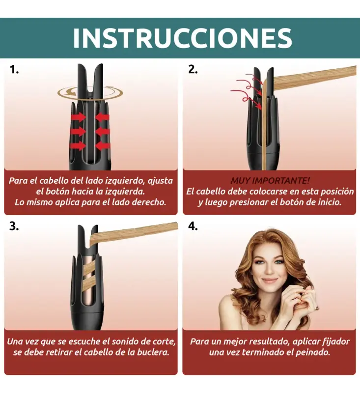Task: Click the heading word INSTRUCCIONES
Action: tap(182, 38)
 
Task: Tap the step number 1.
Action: tap(14, 69)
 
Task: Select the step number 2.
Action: tap(193, 69)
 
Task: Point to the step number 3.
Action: tap(14, 226)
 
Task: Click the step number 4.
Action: tap(193, 226)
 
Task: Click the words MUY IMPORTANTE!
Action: tap(270, 180)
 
